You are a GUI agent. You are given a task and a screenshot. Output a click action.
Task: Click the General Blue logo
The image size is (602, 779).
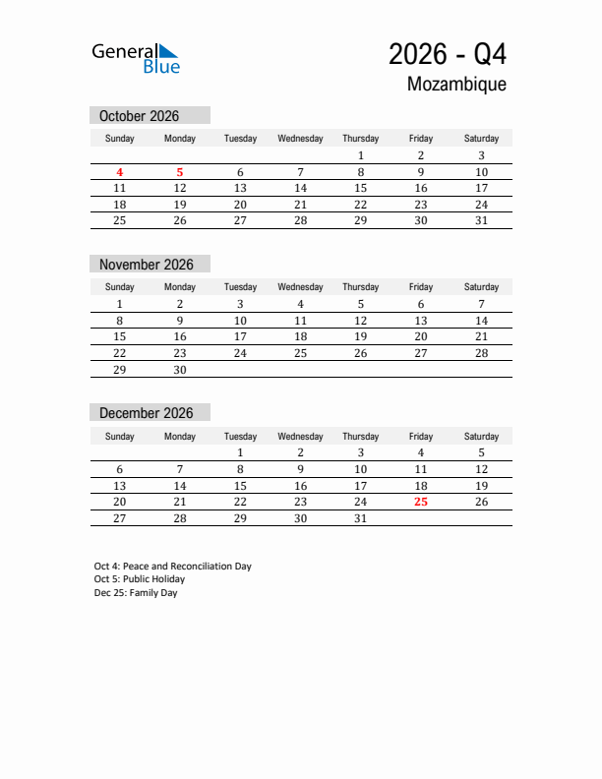[x=136, y=57]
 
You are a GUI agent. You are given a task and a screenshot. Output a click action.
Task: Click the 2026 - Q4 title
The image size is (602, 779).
[x=448, y=53]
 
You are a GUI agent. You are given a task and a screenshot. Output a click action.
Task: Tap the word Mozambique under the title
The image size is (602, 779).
[x=456, y=85]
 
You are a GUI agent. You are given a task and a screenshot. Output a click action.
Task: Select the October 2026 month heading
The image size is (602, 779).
[x=140, y=116]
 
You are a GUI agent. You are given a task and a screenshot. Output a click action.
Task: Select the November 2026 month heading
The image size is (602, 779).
[x=147, y=265]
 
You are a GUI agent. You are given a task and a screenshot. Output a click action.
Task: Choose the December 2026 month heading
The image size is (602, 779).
[x=147, y=413]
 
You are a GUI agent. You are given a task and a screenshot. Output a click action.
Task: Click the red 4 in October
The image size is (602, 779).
[x=120, y=172]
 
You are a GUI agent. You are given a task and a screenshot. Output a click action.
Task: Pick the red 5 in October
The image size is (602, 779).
[x=180, y=172]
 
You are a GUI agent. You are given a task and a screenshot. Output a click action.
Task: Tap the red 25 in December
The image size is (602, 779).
[x=421, y=502]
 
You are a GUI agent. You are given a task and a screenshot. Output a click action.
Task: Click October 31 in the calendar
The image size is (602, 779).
[x=481, y=220]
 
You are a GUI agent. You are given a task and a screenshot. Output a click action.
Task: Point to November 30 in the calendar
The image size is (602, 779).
[x=180, y=370]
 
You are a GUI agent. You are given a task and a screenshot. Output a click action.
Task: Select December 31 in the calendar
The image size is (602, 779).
[x=360, y=518]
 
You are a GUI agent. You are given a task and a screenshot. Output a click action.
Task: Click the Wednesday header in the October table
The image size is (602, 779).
[x=300, y=139]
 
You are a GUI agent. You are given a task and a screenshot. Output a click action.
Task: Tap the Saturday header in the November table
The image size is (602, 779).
[x=481, y=287]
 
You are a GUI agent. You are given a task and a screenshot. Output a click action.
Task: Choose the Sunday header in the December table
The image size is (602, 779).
[x=120, y=436]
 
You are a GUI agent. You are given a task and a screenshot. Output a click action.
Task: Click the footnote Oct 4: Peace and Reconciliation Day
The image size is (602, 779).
[x=173, y=567]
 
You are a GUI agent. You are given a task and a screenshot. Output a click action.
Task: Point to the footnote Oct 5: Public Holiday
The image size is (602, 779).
[x=140, y=579]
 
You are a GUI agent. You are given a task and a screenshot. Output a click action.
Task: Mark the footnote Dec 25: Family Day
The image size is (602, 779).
[x=136, y=593]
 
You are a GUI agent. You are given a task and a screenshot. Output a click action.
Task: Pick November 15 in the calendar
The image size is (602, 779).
[x=120, y=336]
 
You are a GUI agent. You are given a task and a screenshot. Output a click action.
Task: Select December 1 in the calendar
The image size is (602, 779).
[x=240, y=452]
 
